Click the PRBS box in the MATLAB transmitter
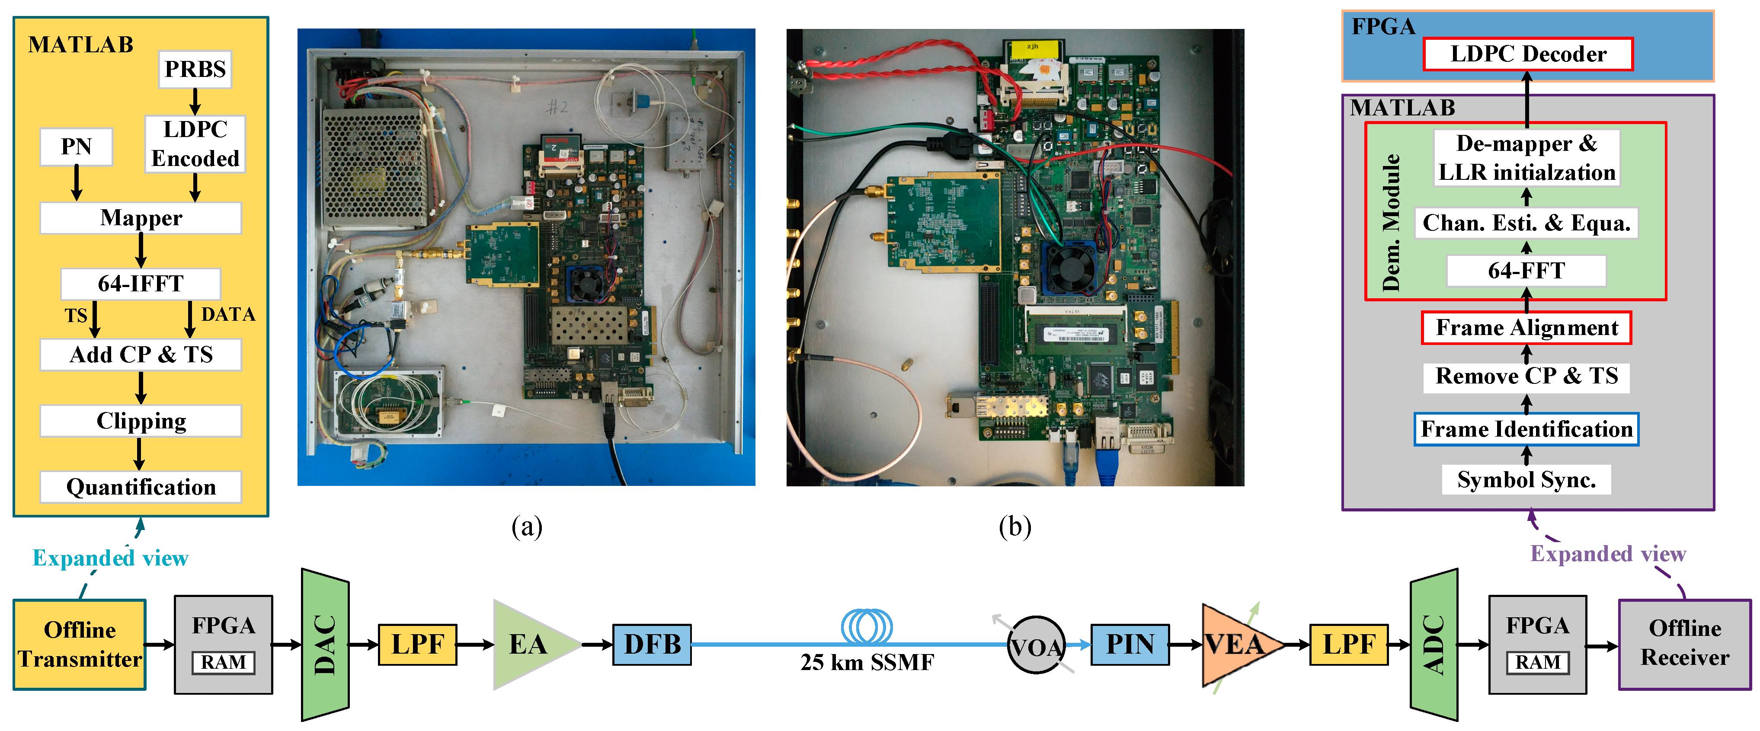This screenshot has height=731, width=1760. [195, 70]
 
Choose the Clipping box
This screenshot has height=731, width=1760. [141, 421]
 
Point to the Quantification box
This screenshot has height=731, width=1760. [141, 487]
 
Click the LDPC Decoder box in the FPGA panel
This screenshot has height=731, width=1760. [1528, 54]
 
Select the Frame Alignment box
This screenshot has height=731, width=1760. [1526, 328]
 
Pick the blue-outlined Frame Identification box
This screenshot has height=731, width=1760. [1526, 429]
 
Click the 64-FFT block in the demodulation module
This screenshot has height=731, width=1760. [1526, 271]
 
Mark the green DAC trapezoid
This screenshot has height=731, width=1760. [325, 644]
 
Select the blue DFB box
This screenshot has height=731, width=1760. [652, 644]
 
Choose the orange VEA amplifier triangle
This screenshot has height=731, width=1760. [1235, 644]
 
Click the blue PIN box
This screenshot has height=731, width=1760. [1130, 644]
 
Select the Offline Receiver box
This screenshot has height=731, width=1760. [1684, 644]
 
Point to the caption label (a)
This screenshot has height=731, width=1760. [527, 527]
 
